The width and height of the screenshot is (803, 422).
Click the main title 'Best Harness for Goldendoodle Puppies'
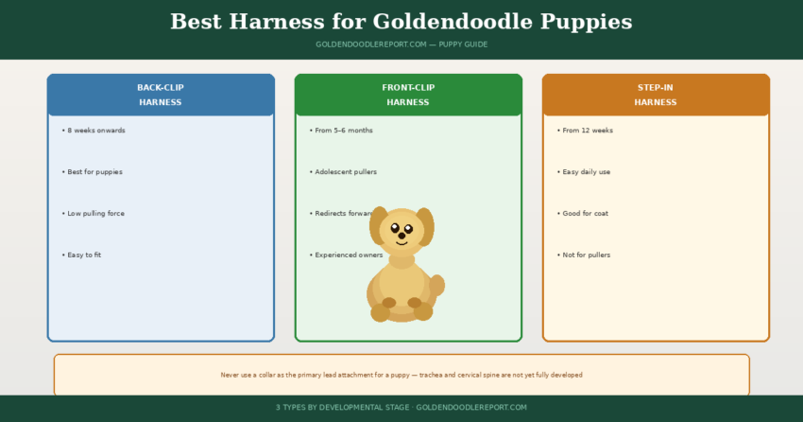[x=401, y=22]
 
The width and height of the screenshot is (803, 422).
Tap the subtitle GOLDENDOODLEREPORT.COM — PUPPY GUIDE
[x=401, y=44]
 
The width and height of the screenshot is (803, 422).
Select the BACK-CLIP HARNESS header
[x=161, y=95]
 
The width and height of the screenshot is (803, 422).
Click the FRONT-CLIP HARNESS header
[x=408, y=95]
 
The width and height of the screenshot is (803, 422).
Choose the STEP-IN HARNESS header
[x=656, y=95]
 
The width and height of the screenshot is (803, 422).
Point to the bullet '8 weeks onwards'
[x=95, y=131]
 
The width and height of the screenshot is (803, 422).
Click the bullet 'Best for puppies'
[x=94, y=172]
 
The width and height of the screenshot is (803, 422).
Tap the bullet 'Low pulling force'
[x=95, y=214]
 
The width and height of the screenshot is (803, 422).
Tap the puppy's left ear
[x=379, y=225]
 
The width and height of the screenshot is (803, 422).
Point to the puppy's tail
[x=436, y=285]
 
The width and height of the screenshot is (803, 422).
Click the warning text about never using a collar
[x=401, y=375]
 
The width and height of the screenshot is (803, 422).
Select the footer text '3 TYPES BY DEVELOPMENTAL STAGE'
[x=343, y=407]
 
